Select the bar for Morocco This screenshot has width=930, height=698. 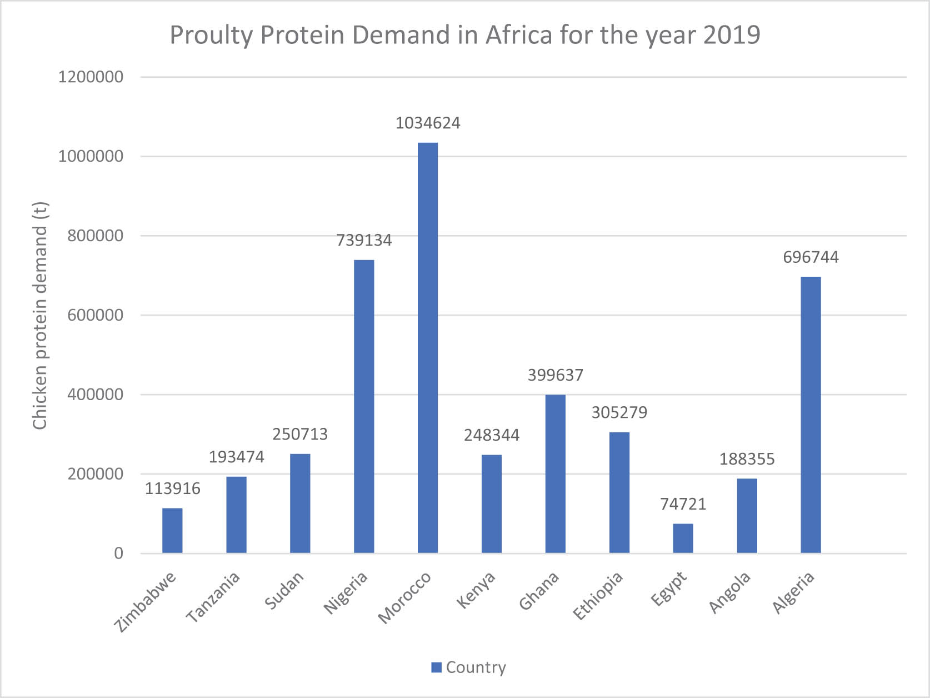pos(428,347)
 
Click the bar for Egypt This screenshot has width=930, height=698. pos(683,538)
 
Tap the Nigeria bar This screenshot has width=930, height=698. pos(364,406)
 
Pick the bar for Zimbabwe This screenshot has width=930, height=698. pos(172,530)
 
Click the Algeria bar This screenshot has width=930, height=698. pos(811,415)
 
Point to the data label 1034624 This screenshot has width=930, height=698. pos(428,123)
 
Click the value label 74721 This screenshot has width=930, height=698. pos(683,504)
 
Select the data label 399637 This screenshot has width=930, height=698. pos(555,375)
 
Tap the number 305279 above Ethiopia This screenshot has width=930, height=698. pos(619,412)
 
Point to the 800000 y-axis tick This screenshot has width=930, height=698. pos(95,236)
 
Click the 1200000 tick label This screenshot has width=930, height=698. pos(91,77)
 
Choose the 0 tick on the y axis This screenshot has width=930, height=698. pos(118,553)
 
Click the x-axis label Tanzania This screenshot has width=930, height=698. pos(213,597)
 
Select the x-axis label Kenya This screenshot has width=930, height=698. pos(476,590)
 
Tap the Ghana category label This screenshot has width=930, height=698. pos(539,591)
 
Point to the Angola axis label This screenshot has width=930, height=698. pos(730,593)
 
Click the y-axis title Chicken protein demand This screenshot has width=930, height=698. pos(40,316)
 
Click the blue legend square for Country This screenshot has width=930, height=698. pos(436,667)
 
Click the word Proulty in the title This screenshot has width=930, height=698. pos(211,35)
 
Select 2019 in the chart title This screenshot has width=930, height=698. pos(732,35)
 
